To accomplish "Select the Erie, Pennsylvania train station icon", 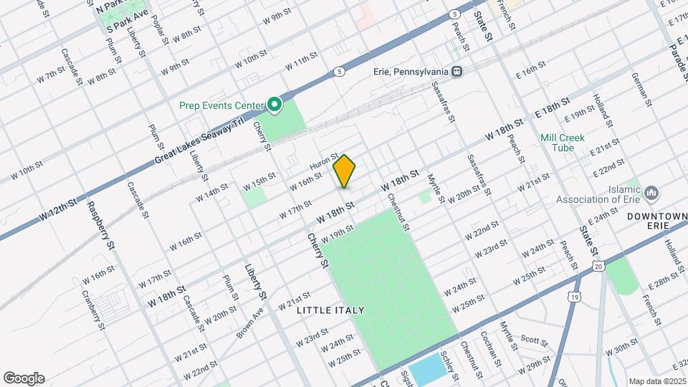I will (x=456, y=72).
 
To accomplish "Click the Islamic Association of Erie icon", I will (x=651, y=193).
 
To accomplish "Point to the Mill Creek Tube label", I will (x=563, y=143).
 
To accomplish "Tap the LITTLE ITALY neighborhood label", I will (x=330, y=310).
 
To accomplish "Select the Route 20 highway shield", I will (x=598, y=267).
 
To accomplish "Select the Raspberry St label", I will (x=101, y=224).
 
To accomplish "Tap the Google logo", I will (x=24, y=378).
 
